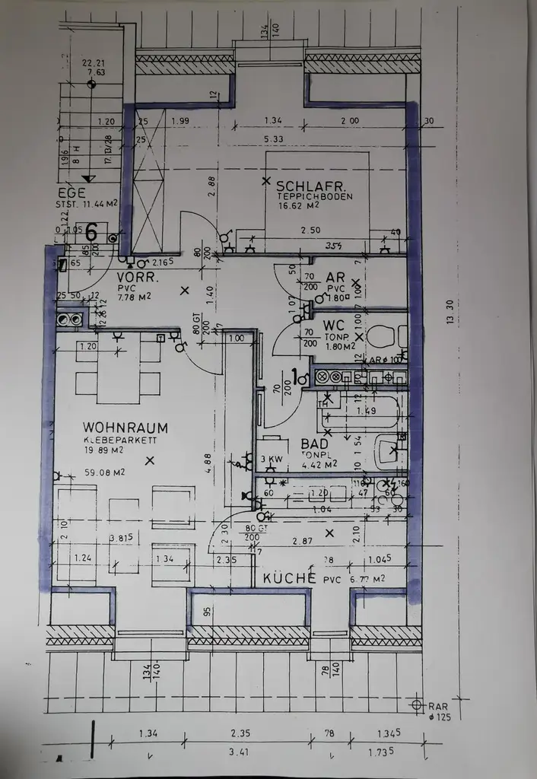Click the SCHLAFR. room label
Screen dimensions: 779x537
click(x=312, y=186)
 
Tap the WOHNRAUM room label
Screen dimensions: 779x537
click(x=126, y=428)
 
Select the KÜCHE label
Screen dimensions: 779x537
click(x=289, y=578)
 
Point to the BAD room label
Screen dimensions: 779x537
click(x=314, y=444)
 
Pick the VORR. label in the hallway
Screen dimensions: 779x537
click(x=137, y=277)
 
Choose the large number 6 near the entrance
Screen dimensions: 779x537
click(x=91, y=232)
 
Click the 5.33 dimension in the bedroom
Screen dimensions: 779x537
click(x=274, y=139)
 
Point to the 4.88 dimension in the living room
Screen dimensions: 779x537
click(x=211, y=462)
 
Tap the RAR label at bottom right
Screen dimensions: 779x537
click(x=440, y=705)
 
